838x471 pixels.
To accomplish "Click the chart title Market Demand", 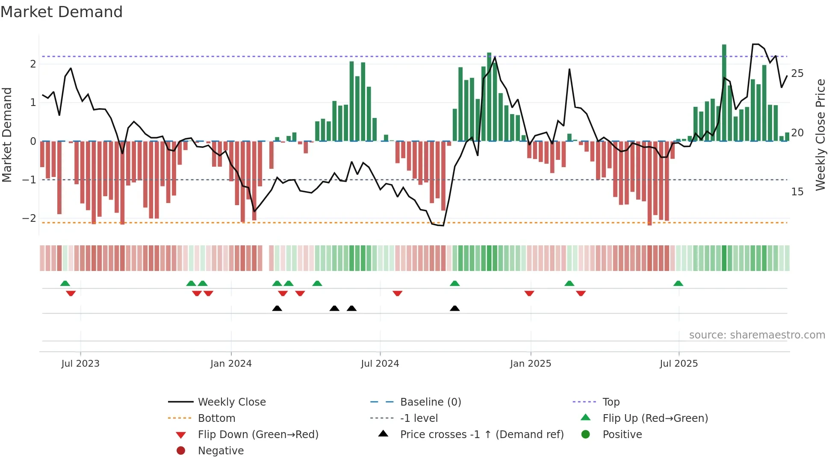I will [x=62, y=12].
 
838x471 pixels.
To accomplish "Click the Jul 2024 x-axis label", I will [x=380, y=364].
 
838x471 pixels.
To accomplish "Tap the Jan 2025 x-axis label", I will [x=530, y=364].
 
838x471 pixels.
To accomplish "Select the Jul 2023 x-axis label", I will [x=80, y=364].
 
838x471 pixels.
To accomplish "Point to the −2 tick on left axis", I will [x=29, y=218].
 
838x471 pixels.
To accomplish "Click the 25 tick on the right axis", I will [x=797, y=74].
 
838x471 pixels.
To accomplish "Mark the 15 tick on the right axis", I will [x=797, y=192].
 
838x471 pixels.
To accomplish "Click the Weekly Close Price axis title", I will [x=820, y=135].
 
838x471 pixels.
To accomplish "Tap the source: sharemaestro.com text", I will [x=757, y=335].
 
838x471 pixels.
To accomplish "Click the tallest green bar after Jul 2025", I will [x=724, y=92].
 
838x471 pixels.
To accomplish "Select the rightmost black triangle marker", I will [x=455, y=309].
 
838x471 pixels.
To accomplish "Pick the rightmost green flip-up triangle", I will [x=678, y=283].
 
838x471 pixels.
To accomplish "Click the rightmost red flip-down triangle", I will [x=581, y=293].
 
